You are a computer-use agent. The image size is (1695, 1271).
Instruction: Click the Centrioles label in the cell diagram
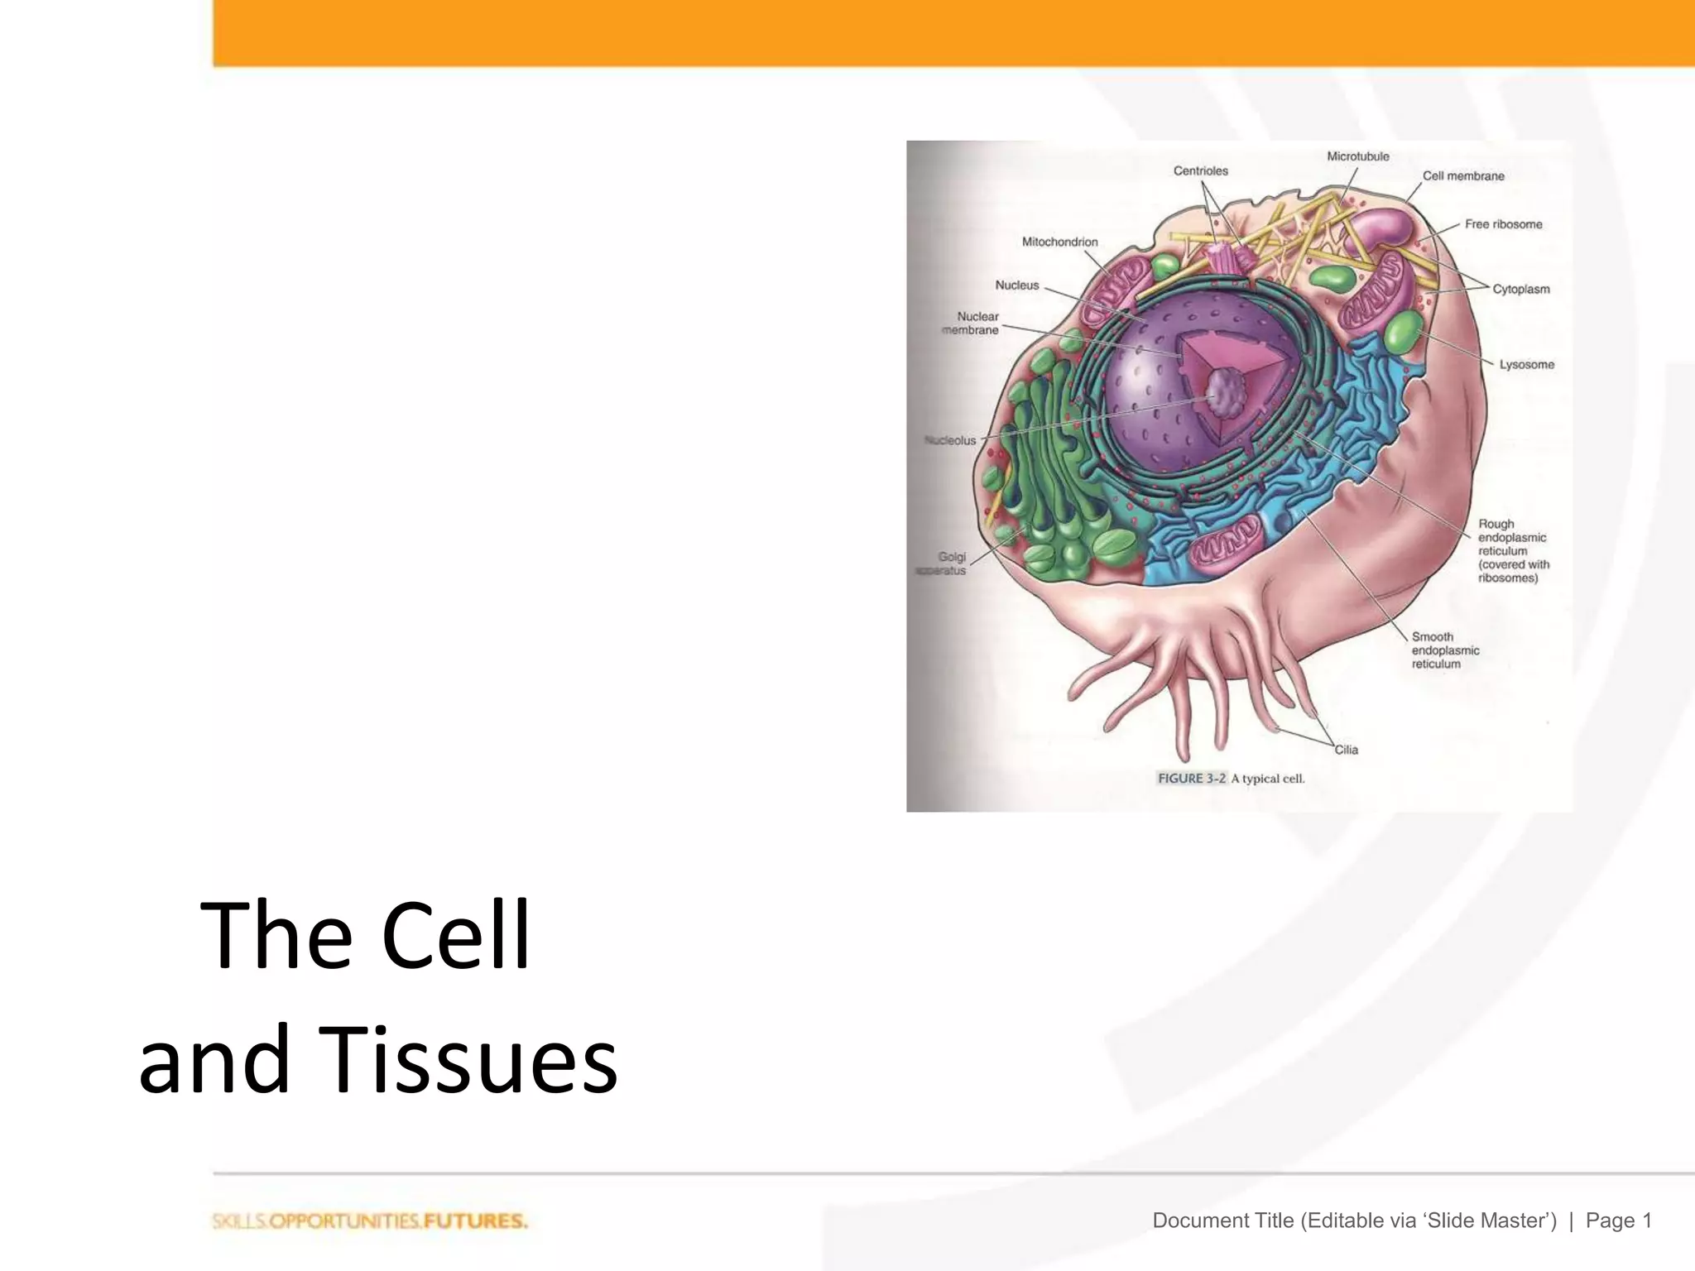click(x=1200, y=171)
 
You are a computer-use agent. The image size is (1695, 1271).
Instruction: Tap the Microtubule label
click(x=1357, y=156)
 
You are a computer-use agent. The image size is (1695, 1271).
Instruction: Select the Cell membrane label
click(x=1462, y=176)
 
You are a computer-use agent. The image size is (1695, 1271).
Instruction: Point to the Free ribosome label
click(x=1503, y=224)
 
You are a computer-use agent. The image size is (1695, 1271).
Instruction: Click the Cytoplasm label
click(x=1520, y=290)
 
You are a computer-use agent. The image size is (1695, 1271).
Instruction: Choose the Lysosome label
click(x=1526, y=365)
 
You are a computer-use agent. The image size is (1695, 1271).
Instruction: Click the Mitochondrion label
click(x=1059, y=242)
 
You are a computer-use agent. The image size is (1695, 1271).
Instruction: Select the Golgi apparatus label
click(x=944, y=564)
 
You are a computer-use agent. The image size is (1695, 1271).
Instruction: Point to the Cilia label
click(x=1346, y=750)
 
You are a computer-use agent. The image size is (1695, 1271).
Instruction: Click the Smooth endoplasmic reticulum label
click(x=1445, y=650)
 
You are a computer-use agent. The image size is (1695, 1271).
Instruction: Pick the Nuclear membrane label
click(x=972, y=324)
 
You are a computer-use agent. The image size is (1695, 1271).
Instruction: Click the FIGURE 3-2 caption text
click(x=1230, y=779)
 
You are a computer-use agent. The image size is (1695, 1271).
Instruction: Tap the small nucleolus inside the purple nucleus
click(x=1222, y=392)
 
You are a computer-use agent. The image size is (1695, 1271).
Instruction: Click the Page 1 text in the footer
click(x=1618, y=1221)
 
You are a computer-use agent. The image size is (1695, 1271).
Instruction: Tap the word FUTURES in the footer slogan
click(x=475, y=1221)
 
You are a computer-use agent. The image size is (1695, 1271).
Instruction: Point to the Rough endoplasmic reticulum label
click(x=1513, y=551)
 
